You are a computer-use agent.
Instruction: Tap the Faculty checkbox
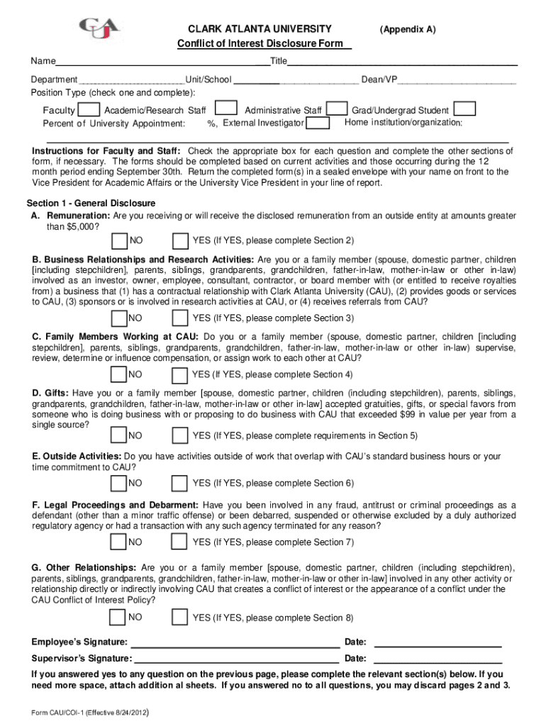click(89, 110)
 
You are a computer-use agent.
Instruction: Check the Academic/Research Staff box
click(225, 108)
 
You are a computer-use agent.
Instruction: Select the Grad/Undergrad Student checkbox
click(464, 109)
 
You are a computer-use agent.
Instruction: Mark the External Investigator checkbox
click(318, 123)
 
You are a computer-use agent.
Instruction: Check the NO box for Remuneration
click(119, 241)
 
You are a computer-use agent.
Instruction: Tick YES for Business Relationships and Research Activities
click(181, 318)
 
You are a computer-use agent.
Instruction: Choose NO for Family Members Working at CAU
click(119, 374)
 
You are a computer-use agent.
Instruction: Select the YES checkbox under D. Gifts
click(181, 435)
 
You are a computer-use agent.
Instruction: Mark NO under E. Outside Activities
click(119, 483)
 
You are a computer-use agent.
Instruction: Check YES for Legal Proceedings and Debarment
click(181, 542)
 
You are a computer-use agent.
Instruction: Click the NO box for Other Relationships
click(119, 618)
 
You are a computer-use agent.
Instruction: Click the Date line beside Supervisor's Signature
click(437, 659)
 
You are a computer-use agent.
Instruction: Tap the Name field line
click(162, 62)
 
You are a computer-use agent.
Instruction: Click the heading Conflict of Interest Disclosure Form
click(264, 44)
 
